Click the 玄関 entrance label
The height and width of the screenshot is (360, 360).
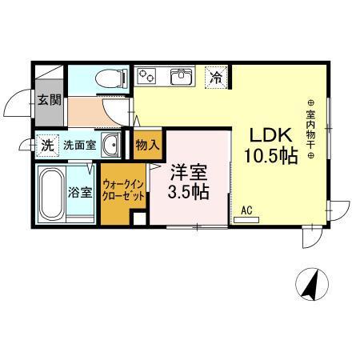click(x=49, y=100)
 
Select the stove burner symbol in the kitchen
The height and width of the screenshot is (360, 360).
click(x=147, y=76)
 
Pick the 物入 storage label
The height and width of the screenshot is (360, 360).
click(x=148, y=146)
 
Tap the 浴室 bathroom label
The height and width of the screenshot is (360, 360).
click(x=80, y=193)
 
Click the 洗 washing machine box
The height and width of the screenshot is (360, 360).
click(x=47, y=146)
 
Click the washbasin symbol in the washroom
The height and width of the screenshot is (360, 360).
click(x=113, y=146)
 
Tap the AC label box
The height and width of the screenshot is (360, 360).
click(x=246, y=210)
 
